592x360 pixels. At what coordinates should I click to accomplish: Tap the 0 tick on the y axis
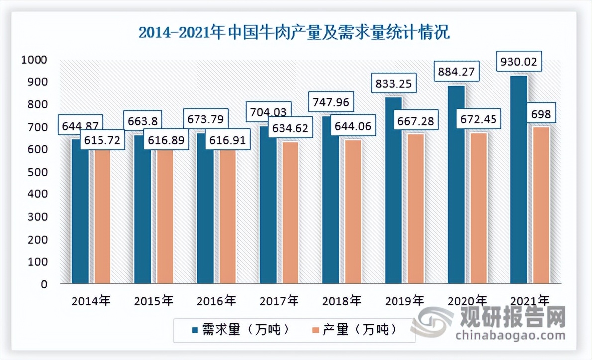pos(43,284)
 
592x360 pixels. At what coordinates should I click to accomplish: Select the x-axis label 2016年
pos(216,301)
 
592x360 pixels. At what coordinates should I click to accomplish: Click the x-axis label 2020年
pos(467,301)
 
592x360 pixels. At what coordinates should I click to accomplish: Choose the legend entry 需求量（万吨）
pos(239,331)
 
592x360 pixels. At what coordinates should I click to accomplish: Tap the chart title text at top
pos(294,34)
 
